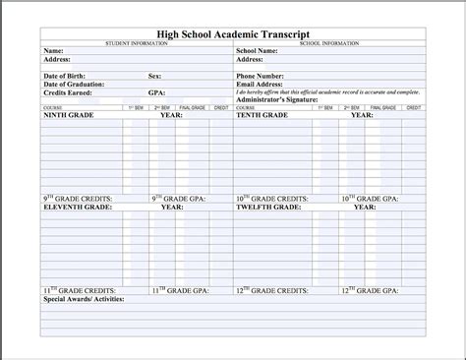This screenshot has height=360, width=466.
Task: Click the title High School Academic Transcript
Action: pyautogui.click(x=232, y=33)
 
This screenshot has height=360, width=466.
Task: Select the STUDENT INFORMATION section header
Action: pyautogui.click(x=137, y=43)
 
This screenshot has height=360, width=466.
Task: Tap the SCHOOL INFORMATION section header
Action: pyautogui.click(x=329, y=43)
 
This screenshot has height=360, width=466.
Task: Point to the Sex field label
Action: pyautogui.click(x=154, y=76)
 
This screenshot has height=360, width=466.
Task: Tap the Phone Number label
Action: pyautogui.click(x=262, y=76)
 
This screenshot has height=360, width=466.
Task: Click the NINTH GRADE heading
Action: pyautogui.click(x=69, y=115)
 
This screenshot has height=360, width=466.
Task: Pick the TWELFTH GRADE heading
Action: pyautogui.click(x=268, y=208)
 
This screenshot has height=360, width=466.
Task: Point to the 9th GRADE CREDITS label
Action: pyautogui.click(x=78, y=199)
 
